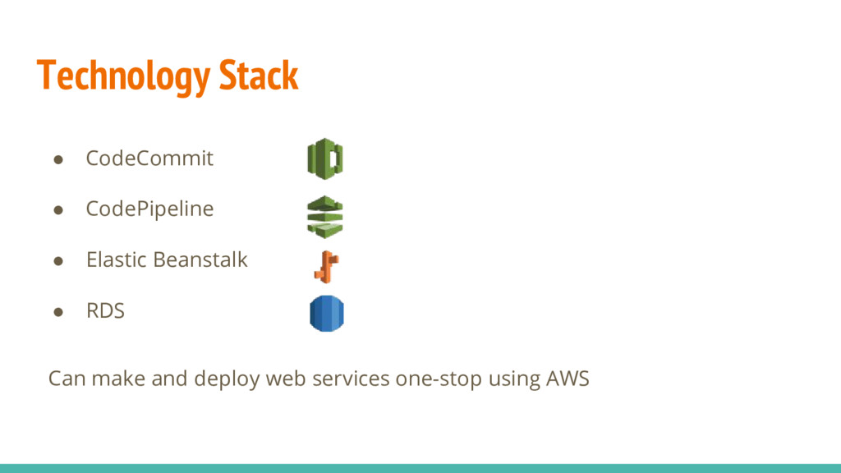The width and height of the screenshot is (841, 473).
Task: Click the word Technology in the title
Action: (123, 77)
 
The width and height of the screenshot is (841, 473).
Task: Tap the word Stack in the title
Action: (258, 76)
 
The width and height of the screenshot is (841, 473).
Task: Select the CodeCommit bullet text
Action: (149, 158)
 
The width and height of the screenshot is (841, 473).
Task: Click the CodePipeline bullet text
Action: (149, 209)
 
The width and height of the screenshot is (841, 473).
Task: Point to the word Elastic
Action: (116, 260)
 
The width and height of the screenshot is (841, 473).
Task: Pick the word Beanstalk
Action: (200, 260)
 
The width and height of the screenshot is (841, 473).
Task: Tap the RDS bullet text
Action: (105, 311)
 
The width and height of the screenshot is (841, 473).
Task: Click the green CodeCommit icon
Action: (325, 158)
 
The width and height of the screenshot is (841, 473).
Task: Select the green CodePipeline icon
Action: (325, 217)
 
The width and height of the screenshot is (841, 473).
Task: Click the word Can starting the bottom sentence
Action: (67, 379)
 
